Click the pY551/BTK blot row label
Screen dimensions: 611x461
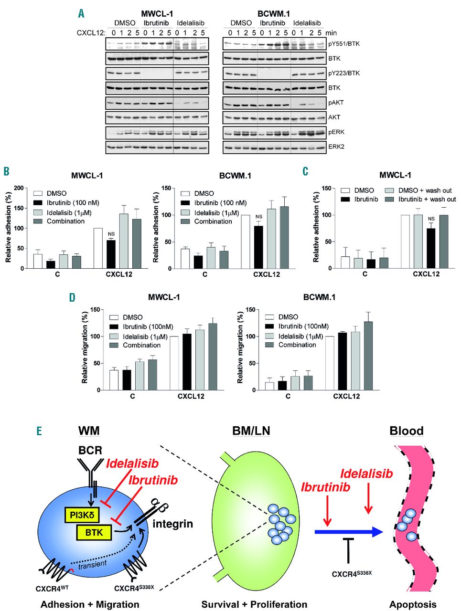coord(347,44)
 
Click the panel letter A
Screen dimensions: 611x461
coord(82,13)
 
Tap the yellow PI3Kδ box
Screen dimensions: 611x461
coord(83,515)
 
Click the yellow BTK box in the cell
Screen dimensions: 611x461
coord(94,532)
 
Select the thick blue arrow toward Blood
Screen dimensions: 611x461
coord(349,532)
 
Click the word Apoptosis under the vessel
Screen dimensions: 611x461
coord(413,604)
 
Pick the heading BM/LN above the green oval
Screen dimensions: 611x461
coord(251,431)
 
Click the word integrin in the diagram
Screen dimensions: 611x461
coord(172,524)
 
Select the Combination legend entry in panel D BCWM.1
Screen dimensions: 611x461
coord(297,345)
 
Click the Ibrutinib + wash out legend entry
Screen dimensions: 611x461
coord(427,199)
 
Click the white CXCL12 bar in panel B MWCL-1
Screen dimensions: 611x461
coord(98,248)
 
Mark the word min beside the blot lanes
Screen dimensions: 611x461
coord(331,33)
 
